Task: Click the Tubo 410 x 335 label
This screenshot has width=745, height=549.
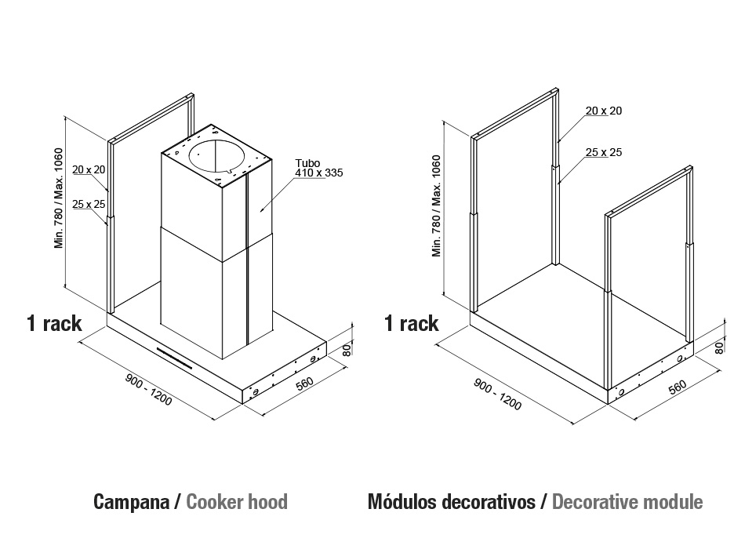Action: pos(319,168)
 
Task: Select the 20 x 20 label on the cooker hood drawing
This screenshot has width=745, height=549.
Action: pos(89,169)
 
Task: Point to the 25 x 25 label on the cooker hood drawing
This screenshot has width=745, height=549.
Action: pos(89,204)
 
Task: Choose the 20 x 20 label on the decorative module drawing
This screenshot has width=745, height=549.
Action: pos(603,111)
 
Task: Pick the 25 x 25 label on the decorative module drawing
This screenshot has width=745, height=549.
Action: pos(603,152)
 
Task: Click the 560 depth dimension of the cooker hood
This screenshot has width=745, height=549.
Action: pos(304,383)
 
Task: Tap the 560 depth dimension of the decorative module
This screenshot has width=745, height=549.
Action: pos(678,387)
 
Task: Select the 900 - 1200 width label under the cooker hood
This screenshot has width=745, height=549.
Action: pos(148,390)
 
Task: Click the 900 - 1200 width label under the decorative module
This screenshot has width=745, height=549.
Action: pos(497,394)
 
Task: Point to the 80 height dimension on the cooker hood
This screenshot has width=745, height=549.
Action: pos(347,351)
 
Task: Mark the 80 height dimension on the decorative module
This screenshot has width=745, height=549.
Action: pos(719,348)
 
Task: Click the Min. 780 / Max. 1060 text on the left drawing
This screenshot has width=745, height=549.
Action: pos(59,198)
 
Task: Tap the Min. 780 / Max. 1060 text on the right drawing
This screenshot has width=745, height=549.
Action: pos(436,205)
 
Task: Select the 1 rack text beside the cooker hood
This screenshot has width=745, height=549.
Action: pos(54,323)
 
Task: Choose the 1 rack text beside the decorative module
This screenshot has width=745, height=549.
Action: pos(412,323)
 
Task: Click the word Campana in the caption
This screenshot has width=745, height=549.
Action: pos(132,502)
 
